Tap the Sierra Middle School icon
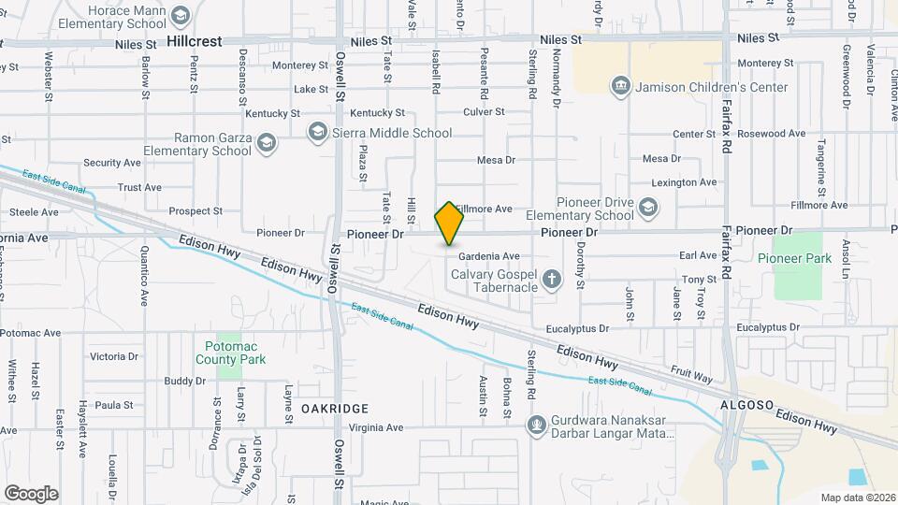(318, 132)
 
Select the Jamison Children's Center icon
(620, 87)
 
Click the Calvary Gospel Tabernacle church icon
(553, 279)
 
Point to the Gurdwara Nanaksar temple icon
(536, 426)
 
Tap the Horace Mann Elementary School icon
(181, 14)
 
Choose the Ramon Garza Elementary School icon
(267, 143)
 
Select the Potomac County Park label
(231, 353)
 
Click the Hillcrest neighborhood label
(195, 42)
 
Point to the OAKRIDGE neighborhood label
(334, 409)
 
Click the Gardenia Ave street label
(488, 256)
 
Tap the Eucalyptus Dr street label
(577, 328)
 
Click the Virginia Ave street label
(376, 427)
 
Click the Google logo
(31, 493)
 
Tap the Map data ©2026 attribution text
(856, 498)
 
